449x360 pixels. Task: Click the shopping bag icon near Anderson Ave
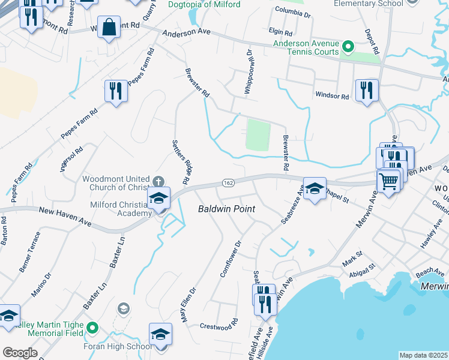109,28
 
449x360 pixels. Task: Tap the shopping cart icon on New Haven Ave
388,179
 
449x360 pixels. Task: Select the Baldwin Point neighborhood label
227,209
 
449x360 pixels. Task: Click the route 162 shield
228,182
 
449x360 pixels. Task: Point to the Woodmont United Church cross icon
158,181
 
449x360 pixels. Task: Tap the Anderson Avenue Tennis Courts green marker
347,46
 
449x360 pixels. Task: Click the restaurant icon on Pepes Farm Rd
116,91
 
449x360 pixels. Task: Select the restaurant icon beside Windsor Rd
366,90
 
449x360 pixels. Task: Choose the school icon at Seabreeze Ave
314,188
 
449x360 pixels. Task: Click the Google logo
20,353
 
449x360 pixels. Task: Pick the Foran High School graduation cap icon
160,334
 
